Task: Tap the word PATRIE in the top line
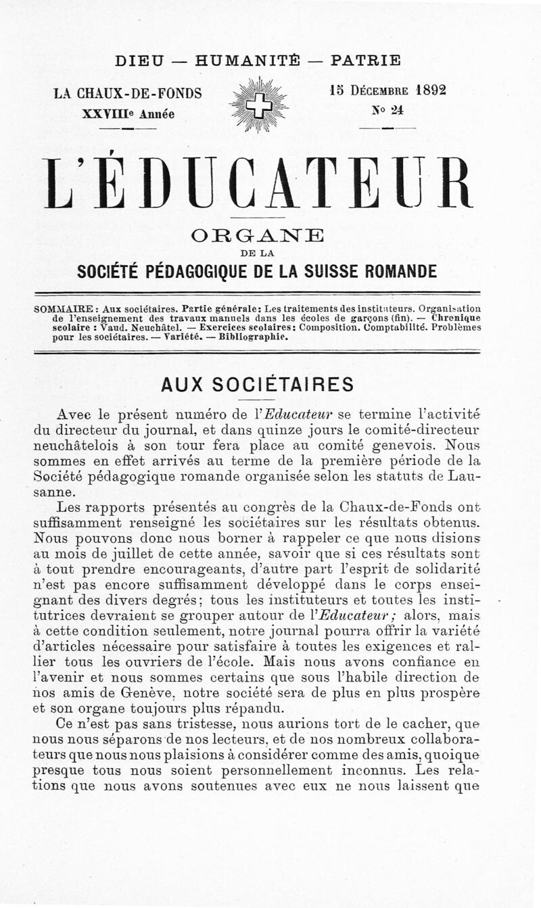point(365,60)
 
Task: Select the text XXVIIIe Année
point(128,113)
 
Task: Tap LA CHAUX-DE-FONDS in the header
point(128,94)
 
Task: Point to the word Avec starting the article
point(76,414)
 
